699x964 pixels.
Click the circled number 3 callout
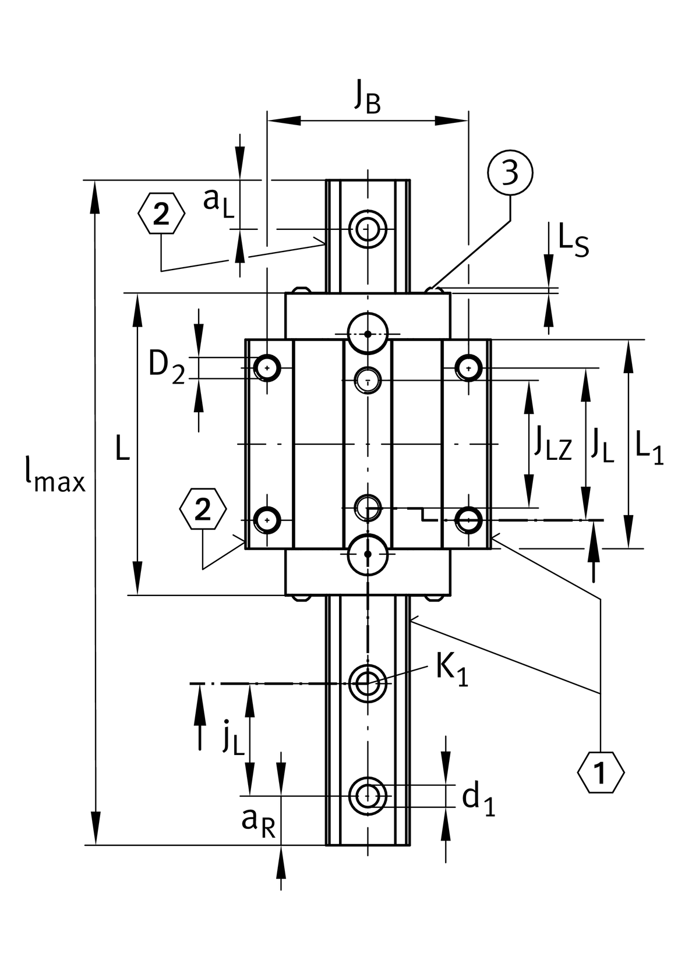(x=510, y=173)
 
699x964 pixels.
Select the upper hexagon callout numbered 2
(x=161, y=214)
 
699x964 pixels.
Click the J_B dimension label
(x=368, y=98)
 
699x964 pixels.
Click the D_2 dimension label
(x=167, y=368)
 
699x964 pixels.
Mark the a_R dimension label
(x=258, y=821)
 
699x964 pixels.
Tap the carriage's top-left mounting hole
(x=267, y=368)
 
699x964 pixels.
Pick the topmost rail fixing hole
(x=368, y=229)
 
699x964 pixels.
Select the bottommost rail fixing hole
(x=368, y=796)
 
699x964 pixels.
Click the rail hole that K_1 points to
(x=368, y=683)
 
